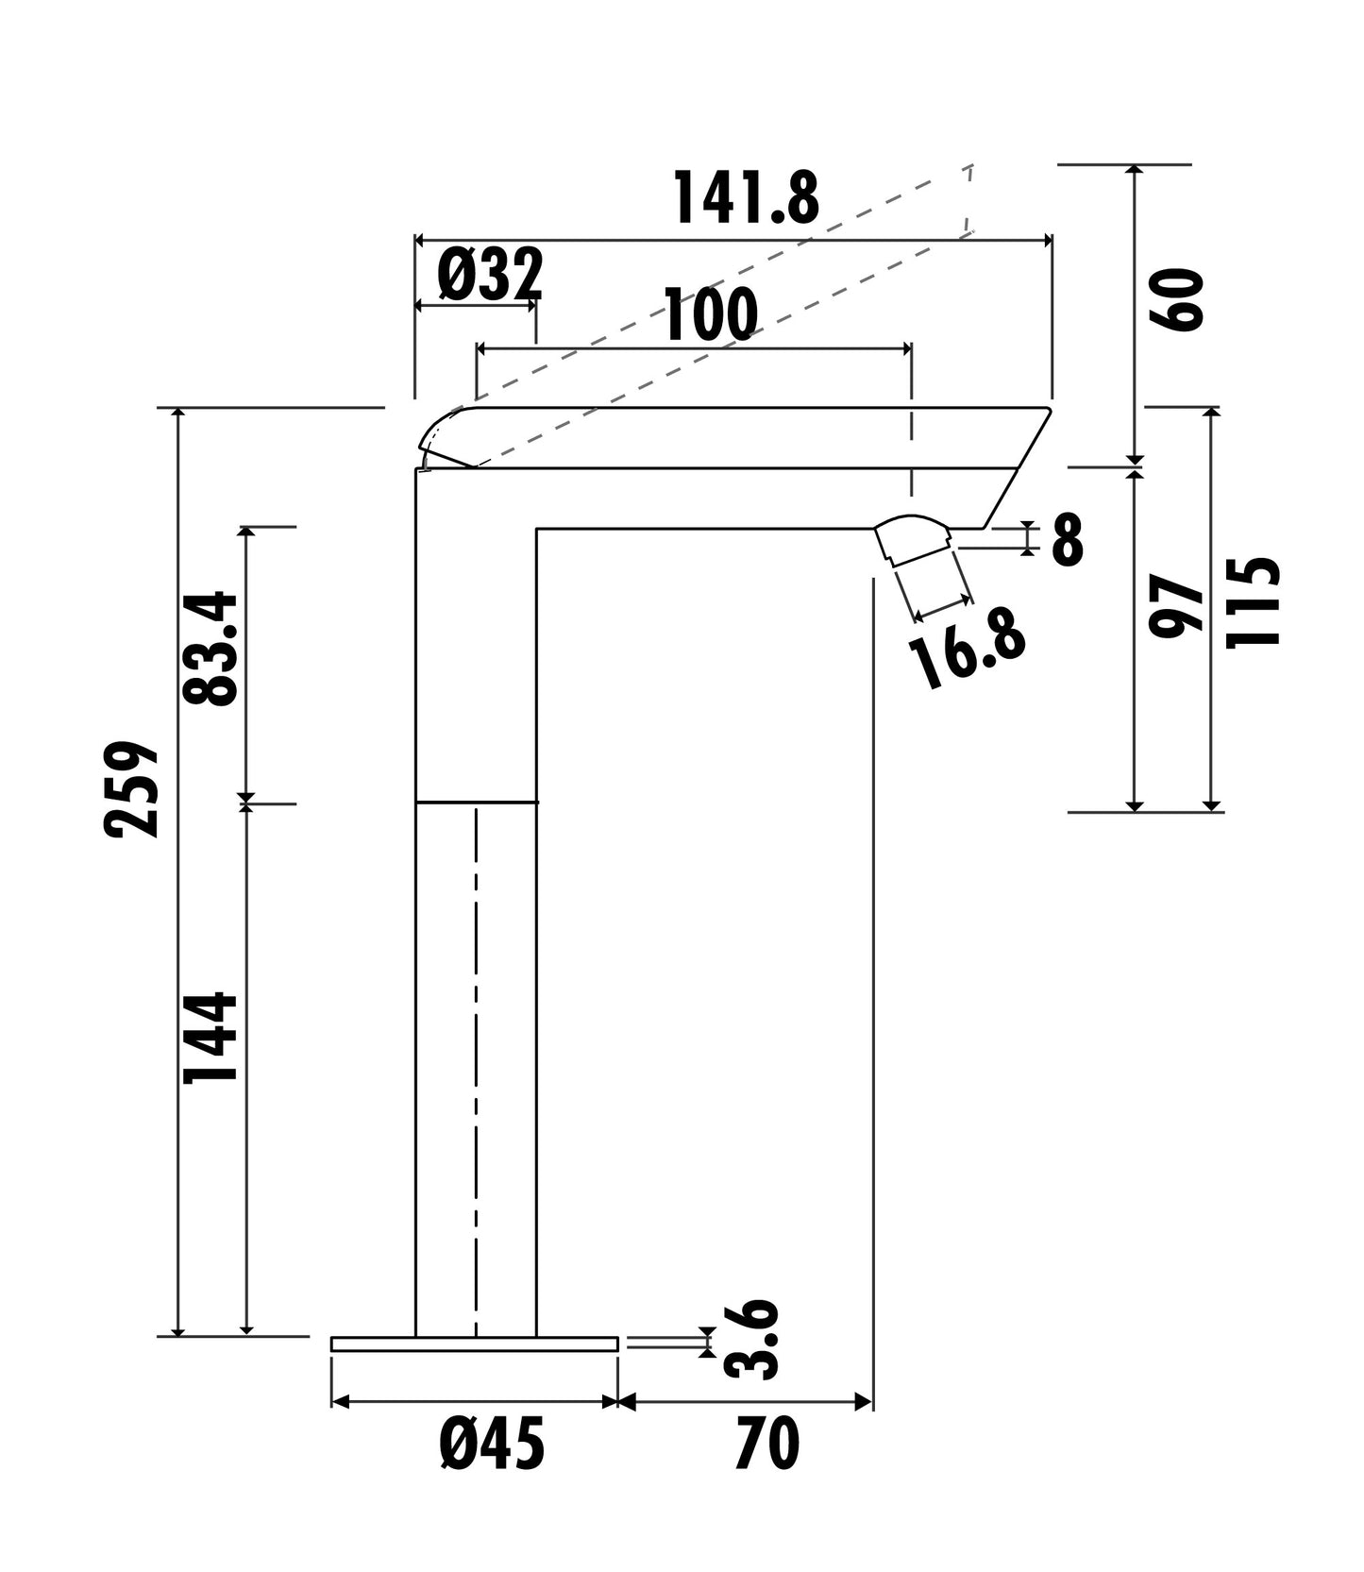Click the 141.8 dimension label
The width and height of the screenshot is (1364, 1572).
[x=746, y=198]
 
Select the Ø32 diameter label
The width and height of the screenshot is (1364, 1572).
[x=490, y=275]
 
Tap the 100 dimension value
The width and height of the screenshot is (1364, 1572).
[x=711, y=315]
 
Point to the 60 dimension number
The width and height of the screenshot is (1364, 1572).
[x=1176, y=299]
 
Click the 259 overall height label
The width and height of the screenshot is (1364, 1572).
[x=131, y=789]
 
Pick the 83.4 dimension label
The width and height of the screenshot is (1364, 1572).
[x=210, y=649]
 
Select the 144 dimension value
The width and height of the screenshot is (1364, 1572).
[x=210, y=1037]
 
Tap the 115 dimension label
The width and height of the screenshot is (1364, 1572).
[x=1253, y=602]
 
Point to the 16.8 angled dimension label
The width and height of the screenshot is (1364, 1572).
[x=967, y=654]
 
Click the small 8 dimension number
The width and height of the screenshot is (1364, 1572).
[x=1067, y=541]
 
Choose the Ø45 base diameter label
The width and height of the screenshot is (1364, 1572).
[x=492, y=1445]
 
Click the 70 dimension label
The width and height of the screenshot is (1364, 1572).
[x=767, y=1445]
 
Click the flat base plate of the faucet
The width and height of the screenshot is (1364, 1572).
[x=474, y=1344]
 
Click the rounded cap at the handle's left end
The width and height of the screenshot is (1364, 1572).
[x=444, y=438]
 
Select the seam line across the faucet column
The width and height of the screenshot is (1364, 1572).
[x=476, y=803]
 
